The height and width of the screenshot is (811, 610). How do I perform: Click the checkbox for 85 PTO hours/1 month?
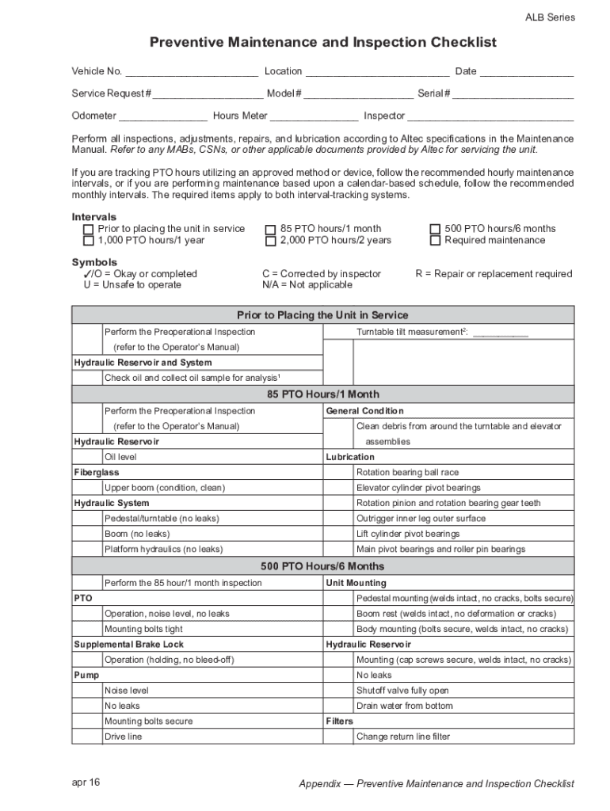tap(271, 229)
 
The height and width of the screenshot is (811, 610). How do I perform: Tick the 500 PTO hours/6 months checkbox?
tap(435, 229)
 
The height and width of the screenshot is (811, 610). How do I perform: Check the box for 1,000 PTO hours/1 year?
tap(88, 241)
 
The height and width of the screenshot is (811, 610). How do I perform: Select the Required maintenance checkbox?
tap(435, 241)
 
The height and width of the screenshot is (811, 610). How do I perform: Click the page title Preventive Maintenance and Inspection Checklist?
tap(322, 42)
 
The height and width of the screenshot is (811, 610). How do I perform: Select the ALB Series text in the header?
tap(550, 17)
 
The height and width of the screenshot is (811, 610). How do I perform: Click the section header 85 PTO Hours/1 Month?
tap(322, 394)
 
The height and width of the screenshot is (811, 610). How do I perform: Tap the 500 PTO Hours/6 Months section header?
tap(322, 566)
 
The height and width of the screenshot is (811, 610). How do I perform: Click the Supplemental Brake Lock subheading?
tap(128, 645)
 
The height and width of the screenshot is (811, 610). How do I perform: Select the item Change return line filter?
tap(402, 737)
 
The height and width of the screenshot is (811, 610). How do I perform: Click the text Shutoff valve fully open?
tap(402, 691)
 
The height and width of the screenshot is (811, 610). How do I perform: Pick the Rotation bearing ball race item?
tap(407, 473)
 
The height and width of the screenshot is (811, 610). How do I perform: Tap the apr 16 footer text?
tap(86, 782)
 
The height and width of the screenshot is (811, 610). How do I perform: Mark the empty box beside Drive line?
tap(88, 737)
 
